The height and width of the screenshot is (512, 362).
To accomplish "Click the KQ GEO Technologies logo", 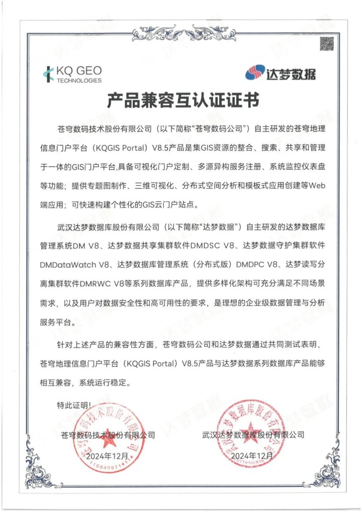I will (x=73, y=74).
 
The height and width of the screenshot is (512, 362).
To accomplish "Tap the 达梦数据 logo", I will (x=280, y=73).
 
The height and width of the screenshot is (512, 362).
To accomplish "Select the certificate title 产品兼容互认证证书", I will (x=183, y=102).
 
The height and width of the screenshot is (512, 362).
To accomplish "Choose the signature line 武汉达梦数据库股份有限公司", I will (x=253, y=434).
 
